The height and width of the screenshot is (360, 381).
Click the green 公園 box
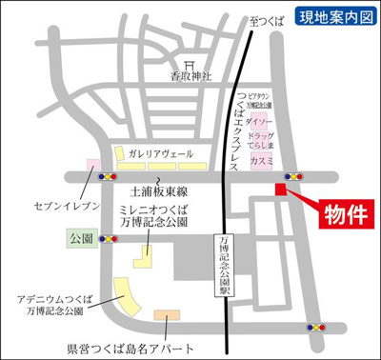coord(79,234)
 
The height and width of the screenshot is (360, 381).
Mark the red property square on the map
coord(280,189)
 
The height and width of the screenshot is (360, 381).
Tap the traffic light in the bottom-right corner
coord(314,327)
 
